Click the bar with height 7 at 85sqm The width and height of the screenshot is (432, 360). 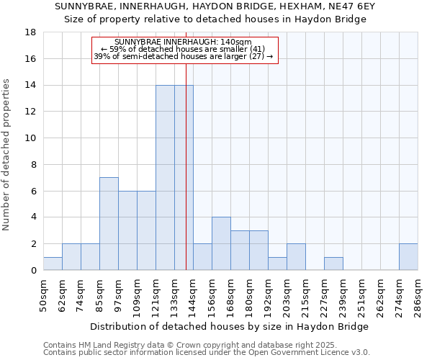point(109,224)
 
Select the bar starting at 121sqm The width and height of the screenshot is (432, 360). point(165,178)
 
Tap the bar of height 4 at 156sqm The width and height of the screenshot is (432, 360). point(221,243)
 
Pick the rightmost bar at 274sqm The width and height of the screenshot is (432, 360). point(408,257)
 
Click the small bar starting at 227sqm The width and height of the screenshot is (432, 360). point(333,264)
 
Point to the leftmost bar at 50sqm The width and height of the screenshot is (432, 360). point(53,264)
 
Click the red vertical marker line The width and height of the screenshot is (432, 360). point(186,180)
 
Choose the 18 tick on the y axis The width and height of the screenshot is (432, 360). point(30,32)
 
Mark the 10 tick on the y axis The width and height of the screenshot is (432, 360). point(30,138)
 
